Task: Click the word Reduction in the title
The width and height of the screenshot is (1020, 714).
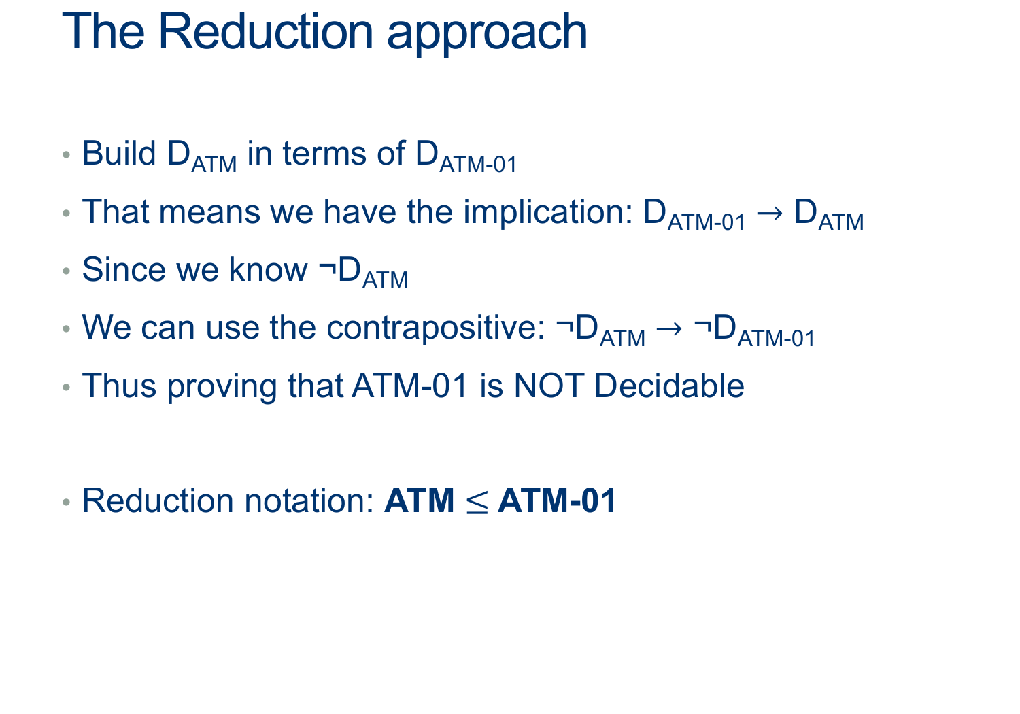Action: [265, 32]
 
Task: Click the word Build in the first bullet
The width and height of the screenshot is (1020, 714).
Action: [119, 153]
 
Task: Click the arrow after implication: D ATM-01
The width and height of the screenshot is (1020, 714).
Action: [770, 213]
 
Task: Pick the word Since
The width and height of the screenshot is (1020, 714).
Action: [124, 269]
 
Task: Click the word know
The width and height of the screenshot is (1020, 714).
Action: [268, 269]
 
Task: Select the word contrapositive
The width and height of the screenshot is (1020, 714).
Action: [436, 328]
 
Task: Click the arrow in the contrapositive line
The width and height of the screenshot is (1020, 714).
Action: [669, 328]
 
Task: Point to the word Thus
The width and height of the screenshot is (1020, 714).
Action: [119, 386]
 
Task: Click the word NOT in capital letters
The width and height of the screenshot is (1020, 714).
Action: [549, 386]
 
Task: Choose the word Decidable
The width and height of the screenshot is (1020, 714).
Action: [669, 386]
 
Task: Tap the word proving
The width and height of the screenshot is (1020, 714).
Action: [222, 388]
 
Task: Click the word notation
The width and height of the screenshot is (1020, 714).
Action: [309, 501]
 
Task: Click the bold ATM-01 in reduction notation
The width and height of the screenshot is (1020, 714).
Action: [557, 501]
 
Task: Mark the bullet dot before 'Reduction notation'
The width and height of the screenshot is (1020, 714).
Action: [67, 503]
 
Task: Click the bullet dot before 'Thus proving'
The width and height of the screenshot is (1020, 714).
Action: [67, 387]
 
